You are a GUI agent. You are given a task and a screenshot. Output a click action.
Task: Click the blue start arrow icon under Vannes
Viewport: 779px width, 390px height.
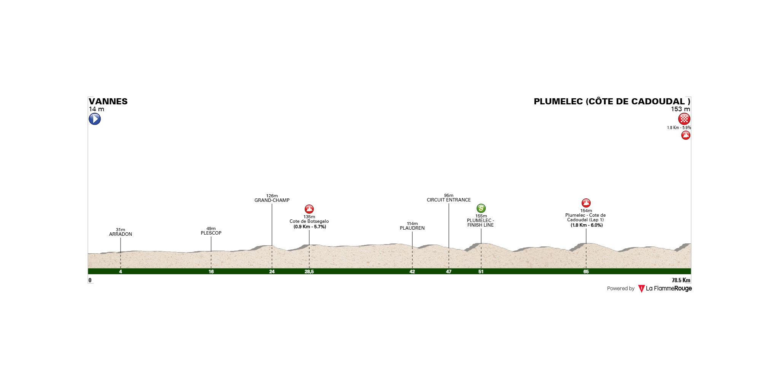95,119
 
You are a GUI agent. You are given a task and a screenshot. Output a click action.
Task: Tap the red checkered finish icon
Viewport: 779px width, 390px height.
684,119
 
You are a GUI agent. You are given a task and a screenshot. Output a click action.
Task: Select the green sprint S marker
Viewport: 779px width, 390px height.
481,208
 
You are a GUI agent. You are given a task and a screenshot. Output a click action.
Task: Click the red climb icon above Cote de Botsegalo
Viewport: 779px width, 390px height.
309,209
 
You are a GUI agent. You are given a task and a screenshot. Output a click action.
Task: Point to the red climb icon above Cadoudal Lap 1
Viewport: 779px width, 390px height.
586,203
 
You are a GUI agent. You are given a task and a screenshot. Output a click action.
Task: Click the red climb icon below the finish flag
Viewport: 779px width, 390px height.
686,135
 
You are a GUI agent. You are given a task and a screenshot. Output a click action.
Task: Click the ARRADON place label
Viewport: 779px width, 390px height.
121,234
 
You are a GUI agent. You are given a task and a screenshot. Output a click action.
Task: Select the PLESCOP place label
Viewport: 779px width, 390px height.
211,233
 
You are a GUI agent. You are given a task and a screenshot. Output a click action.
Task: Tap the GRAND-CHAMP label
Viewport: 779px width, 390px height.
272,200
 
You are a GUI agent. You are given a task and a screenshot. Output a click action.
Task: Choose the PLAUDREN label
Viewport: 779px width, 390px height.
412,228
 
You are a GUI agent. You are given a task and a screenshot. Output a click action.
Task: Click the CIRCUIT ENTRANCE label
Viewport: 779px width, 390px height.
449,200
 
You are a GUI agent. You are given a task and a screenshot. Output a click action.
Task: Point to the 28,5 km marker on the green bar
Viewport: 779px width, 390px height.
309,272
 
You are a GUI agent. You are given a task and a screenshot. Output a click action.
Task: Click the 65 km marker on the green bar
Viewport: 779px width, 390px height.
586,272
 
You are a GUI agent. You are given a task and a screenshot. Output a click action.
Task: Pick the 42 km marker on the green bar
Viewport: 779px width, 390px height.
412,272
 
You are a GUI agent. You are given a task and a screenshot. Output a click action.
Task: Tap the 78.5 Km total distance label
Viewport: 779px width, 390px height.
681,280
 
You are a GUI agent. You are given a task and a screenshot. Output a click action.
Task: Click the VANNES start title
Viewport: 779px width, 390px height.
108,101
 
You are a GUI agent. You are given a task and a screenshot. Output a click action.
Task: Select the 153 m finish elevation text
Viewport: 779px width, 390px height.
680,109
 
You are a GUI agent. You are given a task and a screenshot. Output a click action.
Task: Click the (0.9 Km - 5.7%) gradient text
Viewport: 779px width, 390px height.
310,227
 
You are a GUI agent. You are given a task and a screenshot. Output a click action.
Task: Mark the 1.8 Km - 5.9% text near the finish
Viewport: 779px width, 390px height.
679,128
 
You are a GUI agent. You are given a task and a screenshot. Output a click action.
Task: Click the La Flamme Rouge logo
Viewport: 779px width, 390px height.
665,289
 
